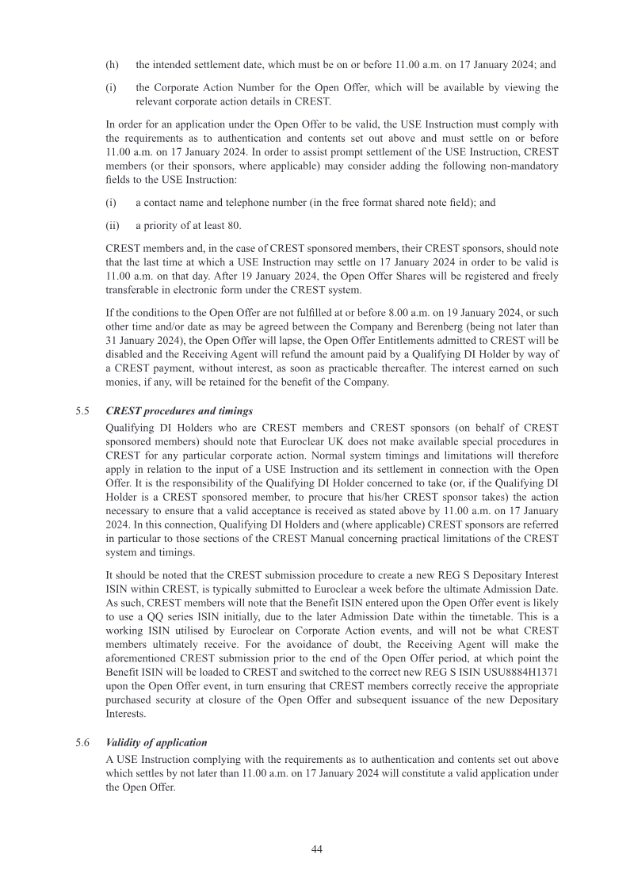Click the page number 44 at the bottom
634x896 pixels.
[316, 848]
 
